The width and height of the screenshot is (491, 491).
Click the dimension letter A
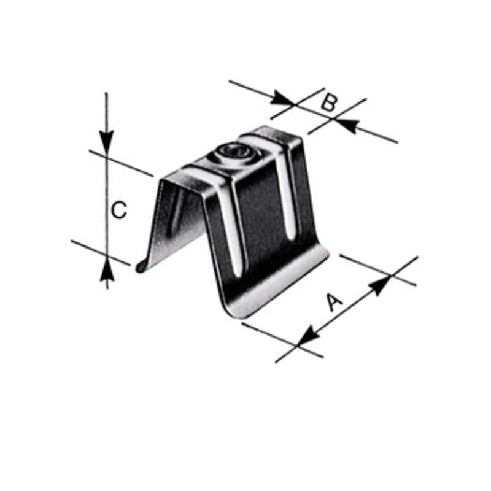pos(332,303)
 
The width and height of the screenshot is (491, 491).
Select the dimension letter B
pos(329,102)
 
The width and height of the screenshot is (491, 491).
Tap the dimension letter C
pos(118,210)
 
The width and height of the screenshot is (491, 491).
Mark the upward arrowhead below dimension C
pos(107,268)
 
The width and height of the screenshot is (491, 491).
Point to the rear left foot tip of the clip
pos(140,266)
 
